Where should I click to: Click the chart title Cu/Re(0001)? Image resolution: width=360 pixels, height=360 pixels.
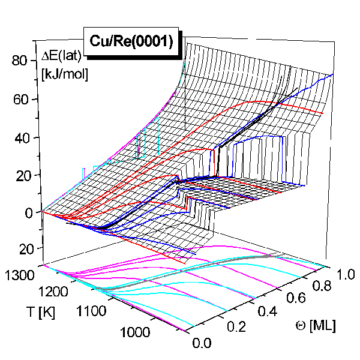point(131,41)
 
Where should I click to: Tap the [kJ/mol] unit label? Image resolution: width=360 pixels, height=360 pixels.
point(63,76)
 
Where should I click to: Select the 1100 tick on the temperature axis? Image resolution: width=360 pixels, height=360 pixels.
point(92,313)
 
